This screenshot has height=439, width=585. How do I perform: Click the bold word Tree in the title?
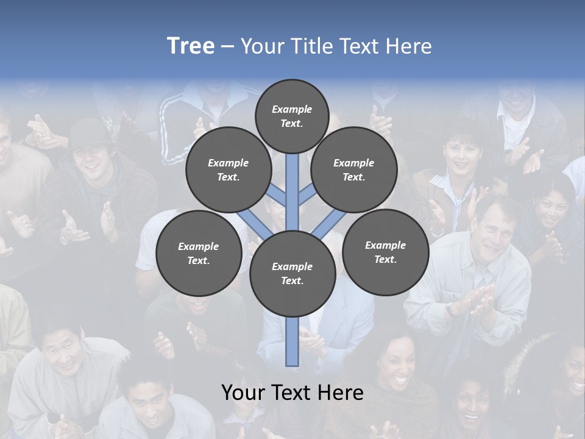click(x=191, y=46)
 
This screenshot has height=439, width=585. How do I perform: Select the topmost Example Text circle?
click(x=292, y=116)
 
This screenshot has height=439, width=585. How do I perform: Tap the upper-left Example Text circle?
click(x=229, y=170)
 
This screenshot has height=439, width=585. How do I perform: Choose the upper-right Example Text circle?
click(x=354, y=170)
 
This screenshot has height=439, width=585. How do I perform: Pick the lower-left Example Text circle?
click(x=199, y=253)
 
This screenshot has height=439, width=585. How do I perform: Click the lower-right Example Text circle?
click(x=385, y=252)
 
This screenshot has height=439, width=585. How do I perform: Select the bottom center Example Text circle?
click(x=292, y=273)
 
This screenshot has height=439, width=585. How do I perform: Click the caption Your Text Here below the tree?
click(x=292, y=393)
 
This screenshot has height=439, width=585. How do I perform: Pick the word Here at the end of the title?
click(x=409, y=46)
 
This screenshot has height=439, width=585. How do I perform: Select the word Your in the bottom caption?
click(x=244, y=393)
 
